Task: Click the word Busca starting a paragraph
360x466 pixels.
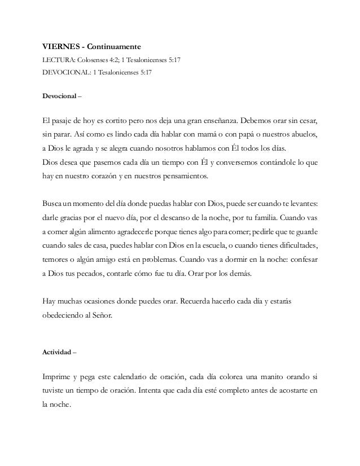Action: point(54,204)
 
